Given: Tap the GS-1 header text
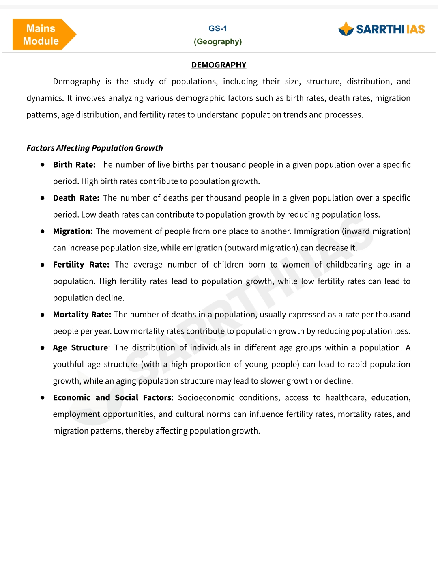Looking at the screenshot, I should click(x=218, y=28).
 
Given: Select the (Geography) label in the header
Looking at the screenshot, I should click(x=218, y=41).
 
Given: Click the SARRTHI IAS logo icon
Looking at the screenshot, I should click(x=346, y=29).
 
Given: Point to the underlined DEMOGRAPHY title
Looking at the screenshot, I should click(x=219, y=65).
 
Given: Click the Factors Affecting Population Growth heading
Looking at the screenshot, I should click(x=94, y=148).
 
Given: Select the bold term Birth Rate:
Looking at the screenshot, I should click(x=74, y=164).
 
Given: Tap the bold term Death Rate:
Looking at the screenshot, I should click(x=76, y=198).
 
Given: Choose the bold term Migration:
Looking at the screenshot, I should click(x=73, y=231).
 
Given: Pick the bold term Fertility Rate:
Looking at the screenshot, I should click(x=81, y=264).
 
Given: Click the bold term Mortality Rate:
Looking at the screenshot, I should click(x=82, y=314).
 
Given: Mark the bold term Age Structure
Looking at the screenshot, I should click(x=80, y=347).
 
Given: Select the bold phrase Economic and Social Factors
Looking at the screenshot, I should click(x=112, y=397).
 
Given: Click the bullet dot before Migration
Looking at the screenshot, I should click(x=43, y=231).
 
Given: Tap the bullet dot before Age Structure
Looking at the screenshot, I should click(x=43, y=348).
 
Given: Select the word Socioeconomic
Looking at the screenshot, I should click(x=206, y=397).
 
